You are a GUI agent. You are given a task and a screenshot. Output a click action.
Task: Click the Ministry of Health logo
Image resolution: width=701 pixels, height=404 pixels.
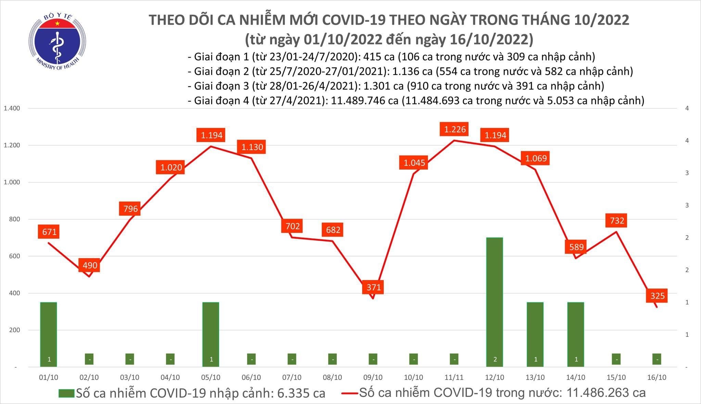point(57,41)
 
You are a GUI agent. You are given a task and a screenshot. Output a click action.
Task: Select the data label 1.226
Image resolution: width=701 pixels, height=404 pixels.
point(455,129)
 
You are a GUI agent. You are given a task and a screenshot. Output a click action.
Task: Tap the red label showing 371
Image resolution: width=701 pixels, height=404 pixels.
point(373,287)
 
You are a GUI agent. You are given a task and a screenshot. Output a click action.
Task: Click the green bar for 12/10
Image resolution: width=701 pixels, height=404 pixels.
point(495,301)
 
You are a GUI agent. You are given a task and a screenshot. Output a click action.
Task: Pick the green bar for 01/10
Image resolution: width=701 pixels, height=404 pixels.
point(49,334)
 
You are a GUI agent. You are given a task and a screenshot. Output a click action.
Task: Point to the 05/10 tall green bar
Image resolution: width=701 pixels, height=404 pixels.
point(211,334)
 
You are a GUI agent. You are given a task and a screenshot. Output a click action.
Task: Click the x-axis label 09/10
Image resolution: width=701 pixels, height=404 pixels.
point(373,377)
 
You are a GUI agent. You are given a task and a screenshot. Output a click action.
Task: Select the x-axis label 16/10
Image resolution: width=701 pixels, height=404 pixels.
point(657,377)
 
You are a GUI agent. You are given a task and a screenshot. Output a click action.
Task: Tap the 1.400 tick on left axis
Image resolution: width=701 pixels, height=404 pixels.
point(12,108)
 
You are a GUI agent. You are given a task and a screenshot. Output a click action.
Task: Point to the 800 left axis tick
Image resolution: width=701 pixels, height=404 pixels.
point(14,219)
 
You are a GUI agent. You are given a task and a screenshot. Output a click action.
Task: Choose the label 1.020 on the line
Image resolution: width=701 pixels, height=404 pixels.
point(171,167)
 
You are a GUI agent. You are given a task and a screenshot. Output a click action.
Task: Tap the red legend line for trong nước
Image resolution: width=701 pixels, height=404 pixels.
point(350,393)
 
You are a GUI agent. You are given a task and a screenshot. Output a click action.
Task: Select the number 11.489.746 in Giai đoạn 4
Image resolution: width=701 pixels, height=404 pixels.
point(365,101)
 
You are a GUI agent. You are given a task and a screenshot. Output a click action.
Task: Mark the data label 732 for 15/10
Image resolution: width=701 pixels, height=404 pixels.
point(617,220)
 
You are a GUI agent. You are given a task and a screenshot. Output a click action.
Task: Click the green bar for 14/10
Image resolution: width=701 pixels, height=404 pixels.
point(576,334)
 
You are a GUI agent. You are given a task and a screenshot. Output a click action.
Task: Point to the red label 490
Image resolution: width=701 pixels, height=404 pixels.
point(89,265)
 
